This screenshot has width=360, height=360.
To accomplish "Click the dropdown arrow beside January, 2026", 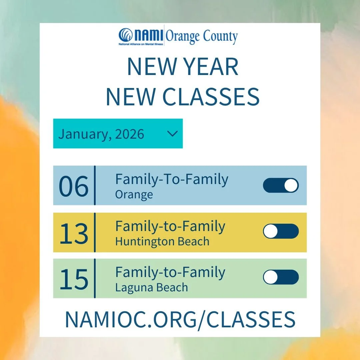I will coord(172,134).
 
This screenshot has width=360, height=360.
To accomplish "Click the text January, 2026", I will coord(101,134).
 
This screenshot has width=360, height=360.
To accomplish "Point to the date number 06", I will coord(74,186).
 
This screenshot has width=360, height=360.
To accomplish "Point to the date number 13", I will coord(74,233).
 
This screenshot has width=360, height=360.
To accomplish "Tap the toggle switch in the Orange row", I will coord(281,185).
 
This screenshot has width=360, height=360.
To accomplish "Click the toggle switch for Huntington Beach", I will coord(281,231).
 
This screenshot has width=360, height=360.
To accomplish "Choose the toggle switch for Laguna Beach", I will coord(281,277).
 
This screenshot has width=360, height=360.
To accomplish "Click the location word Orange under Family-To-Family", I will coord(134,194).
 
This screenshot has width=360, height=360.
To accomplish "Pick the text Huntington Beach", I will coord(162,241).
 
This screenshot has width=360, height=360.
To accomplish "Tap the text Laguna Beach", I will coord(151,287).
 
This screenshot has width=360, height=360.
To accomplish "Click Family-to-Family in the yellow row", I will coord(170,227).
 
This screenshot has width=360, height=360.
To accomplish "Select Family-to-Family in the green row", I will coord(170,273).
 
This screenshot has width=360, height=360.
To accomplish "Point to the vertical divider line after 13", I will coord(95,232).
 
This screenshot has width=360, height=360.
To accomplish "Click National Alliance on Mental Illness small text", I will coord(141,44).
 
